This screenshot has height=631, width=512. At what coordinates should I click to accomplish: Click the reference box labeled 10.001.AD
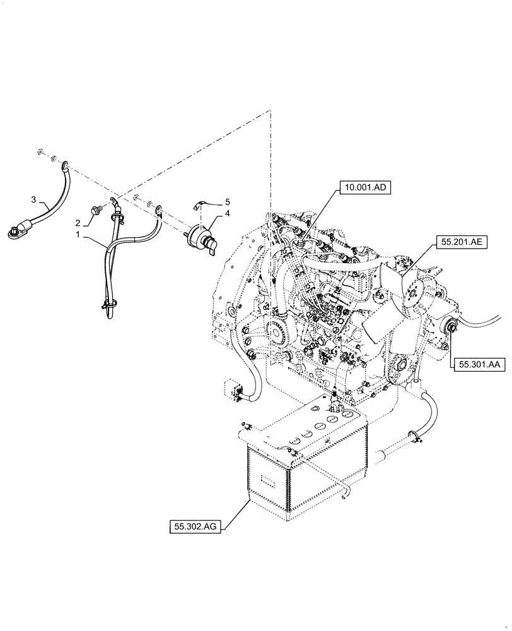click(x=364, y=187)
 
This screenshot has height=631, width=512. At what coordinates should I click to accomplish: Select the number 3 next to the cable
click(x=33, y=199)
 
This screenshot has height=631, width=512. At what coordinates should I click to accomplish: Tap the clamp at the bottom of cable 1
click(x=108, y=307)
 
